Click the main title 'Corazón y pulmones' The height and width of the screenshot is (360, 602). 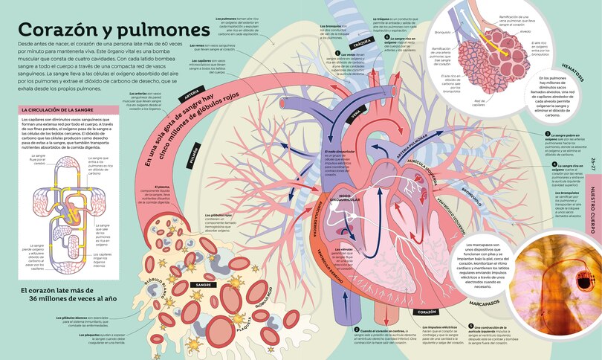113,30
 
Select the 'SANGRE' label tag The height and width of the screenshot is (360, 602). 203,285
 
